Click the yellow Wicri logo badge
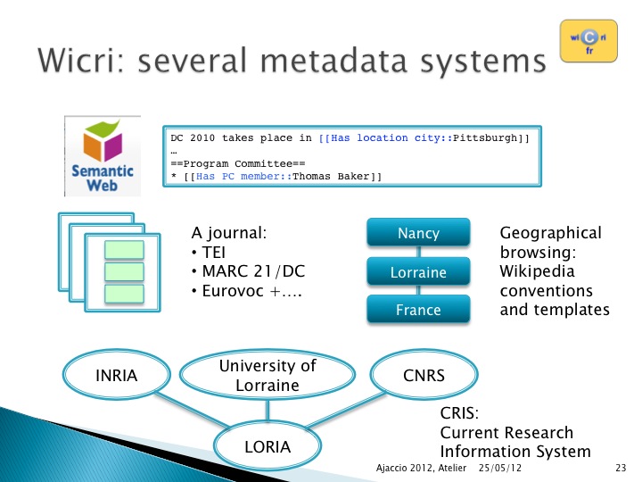click(588, 41)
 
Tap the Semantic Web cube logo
click(103, 156)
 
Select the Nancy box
click(418, 232)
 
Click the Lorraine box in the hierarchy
click(418, 271)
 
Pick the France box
click(418, 309)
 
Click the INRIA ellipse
click(116, 375)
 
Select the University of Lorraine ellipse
click(267, 375)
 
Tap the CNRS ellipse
click(424, 375)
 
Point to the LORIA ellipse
click(267, 446)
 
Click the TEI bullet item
click(209, 252)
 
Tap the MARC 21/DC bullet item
click(248, 271)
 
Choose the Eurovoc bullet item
click(246, 291)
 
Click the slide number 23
click(621, 468)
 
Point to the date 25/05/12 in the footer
click(500, 468)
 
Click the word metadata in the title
click(333, 61)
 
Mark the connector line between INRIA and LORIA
click(192, 409)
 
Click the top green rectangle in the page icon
click(124, 250)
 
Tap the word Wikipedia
click(537, 271)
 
